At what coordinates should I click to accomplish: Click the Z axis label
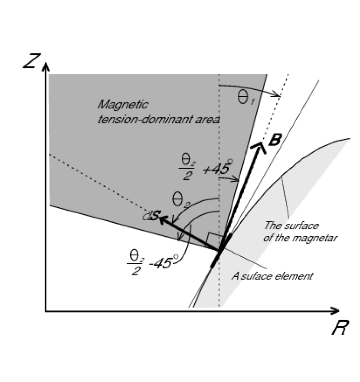click(x=31, y=62)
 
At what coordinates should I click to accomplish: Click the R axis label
click(x=339, y=328)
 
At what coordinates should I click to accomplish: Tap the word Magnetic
click(x=123, y=105)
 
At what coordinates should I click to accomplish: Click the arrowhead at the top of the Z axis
click(x=46, y=66)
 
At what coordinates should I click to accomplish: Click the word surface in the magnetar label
click(x=304, y=226)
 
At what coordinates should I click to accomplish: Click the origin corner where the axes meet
click(x=46, y=311)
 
